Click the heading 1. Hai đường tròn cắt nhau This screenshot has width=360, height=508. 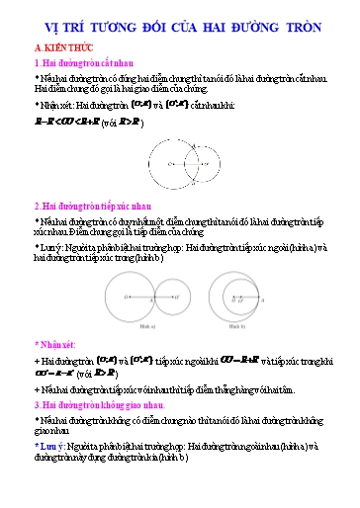tap(90, 63)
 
